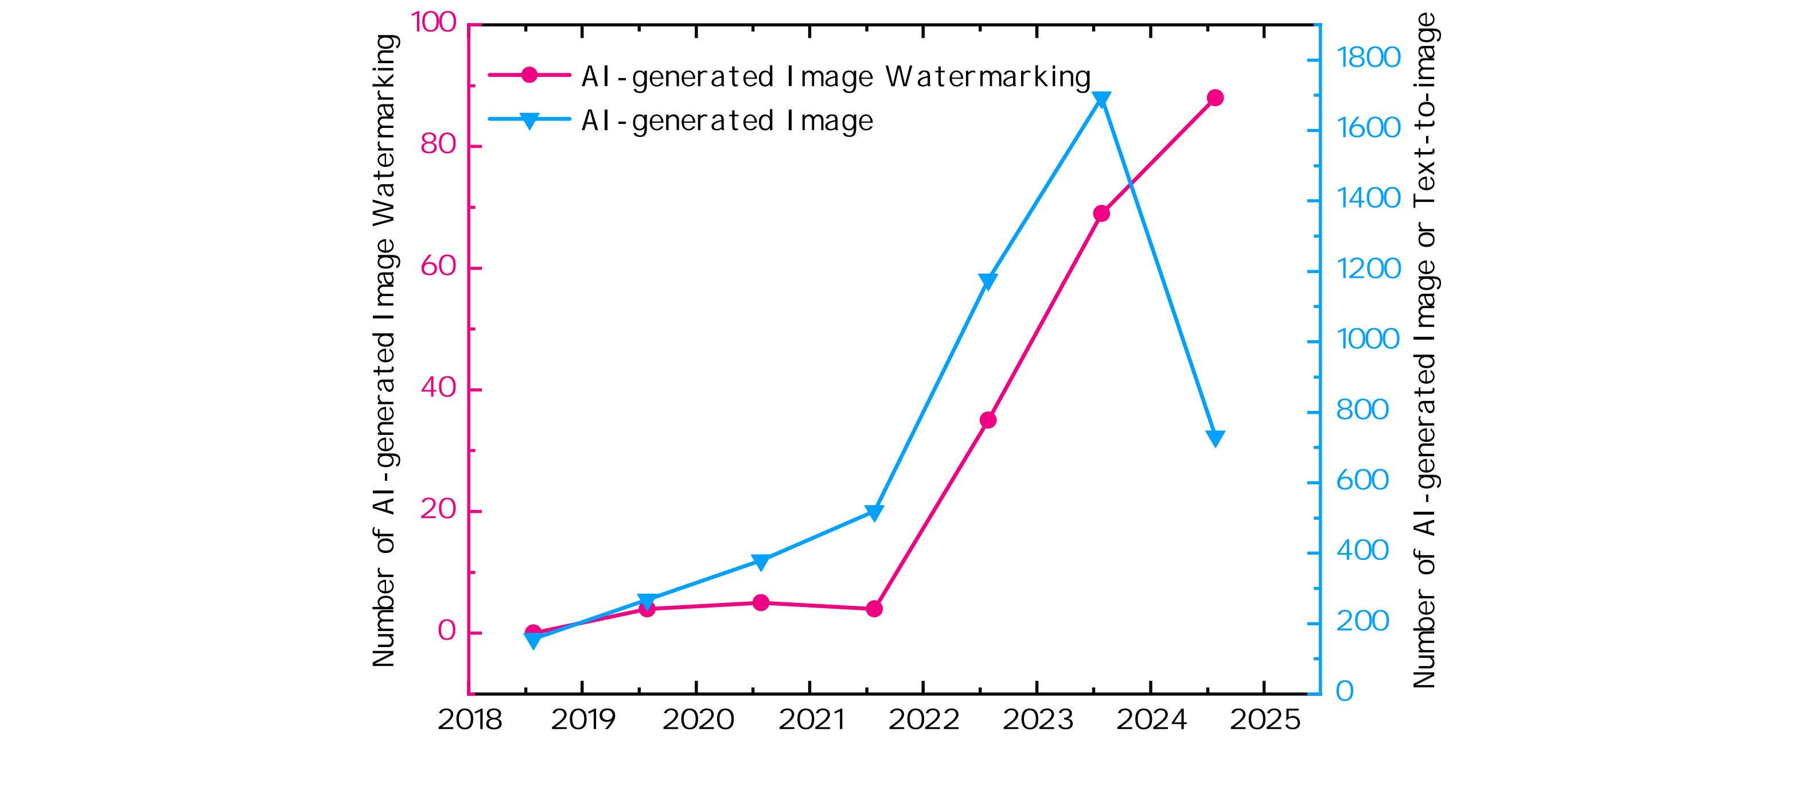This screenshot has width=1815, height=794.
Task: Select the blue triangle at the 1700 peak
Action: (x=1101, y=99)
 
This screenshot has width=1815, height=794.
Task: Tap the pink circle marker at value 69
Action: (x=1101, y=213)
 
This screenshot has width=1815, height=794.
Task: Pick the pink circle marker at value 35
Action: (x=988, y=420)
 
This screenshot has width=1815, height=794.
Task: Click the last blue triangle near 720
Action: (x=1215, y=438)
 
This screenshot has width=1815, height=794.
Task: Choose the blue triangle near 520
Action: (x=874, y=513)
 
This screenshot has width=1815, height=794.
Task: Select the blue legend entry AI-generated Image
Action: (x=726, y=121)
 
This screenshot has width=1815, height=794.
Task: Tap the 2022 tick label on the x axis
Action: (x=923, y=720)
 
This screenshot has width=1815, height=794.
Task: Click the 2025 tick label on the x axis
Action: (x=1265, y=720)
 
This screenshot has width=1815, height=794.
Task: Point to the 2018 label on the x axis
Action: (x=469, y=720)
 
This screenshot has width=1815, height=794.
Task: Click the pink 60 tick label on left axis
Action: (x=438, y=267)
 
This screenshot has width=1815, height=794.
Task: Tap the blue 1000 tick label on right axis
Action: (x=1368, y=340)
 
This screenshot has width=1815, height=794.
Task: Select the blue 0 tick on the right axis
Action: (x=1345, y=692)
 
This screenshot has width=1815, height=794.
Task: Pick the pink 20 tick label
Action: (x=438, y=510)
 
